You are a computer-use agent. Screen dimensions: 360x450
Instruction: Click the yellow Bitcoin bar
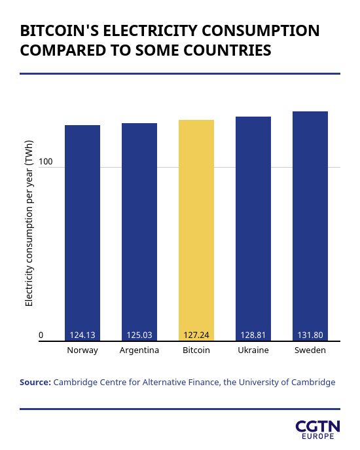pyautogui.click(x=196, y=230)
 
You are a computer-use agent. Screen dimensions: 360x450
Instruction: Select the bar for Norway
pyautogui.click(x=82, y=233)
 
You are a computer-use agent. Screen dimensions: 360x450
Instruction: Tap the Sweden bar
pyautogui.click(x=310, y=226)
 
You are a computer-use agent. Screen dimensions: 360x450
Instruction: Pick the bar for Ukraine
pyautogui.click(x=253, y=229)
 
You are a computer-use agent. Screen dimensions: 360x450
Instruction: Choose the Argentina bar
pyautogui.click(x=139, y=232)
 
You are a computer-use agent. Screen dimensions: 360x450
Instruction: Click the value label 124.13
pyautogui.click(x=82, y=335)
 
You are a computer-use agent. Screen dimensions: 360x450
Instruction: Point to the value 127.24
pyautogui.click(x=196, y=335)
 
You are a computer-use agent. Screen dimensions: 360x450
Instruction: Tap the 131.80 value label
pyautogui.click(x=310, y=335)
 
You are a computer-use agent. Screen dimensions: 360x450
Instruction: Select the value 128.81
pyautogui.click(x=253, y=335)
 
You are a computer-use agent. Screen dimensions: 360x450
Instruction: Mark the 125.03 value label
pyautogui.click(x=139, y=335)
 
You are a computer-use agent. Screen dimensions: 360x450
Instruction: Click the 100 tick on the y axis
pyautogui.click(x=46, y=162)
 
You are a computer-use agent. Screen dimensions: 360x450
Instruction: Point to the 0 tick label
pyautogui.click(x=41, y=335)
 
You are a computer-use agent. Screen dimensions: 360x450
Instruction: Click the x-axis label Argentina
pyautogui.click(x=139, y=350)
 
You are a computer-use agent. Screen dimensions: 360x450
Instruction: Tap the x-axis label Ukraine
pyautogui.click(x=253, y=350)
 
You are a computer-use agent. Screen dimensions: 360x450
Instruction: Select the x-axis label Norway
pyautogui.click(x=82, y=350)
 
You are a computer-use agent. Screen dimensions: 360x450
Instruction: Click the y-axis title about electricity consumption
pyautogui.click(x=29, y=223)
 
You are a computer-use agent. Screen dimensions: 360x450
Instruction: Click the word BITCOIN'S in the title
pyautogui.click(x=59, y=30)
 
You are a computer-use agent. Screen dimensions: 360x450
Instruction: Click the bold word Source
pyautogui.click(x=35, y=383)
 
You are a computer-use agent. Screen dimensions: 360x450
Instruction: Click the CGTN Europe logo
pyautogui.click(x=318, y=430)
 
